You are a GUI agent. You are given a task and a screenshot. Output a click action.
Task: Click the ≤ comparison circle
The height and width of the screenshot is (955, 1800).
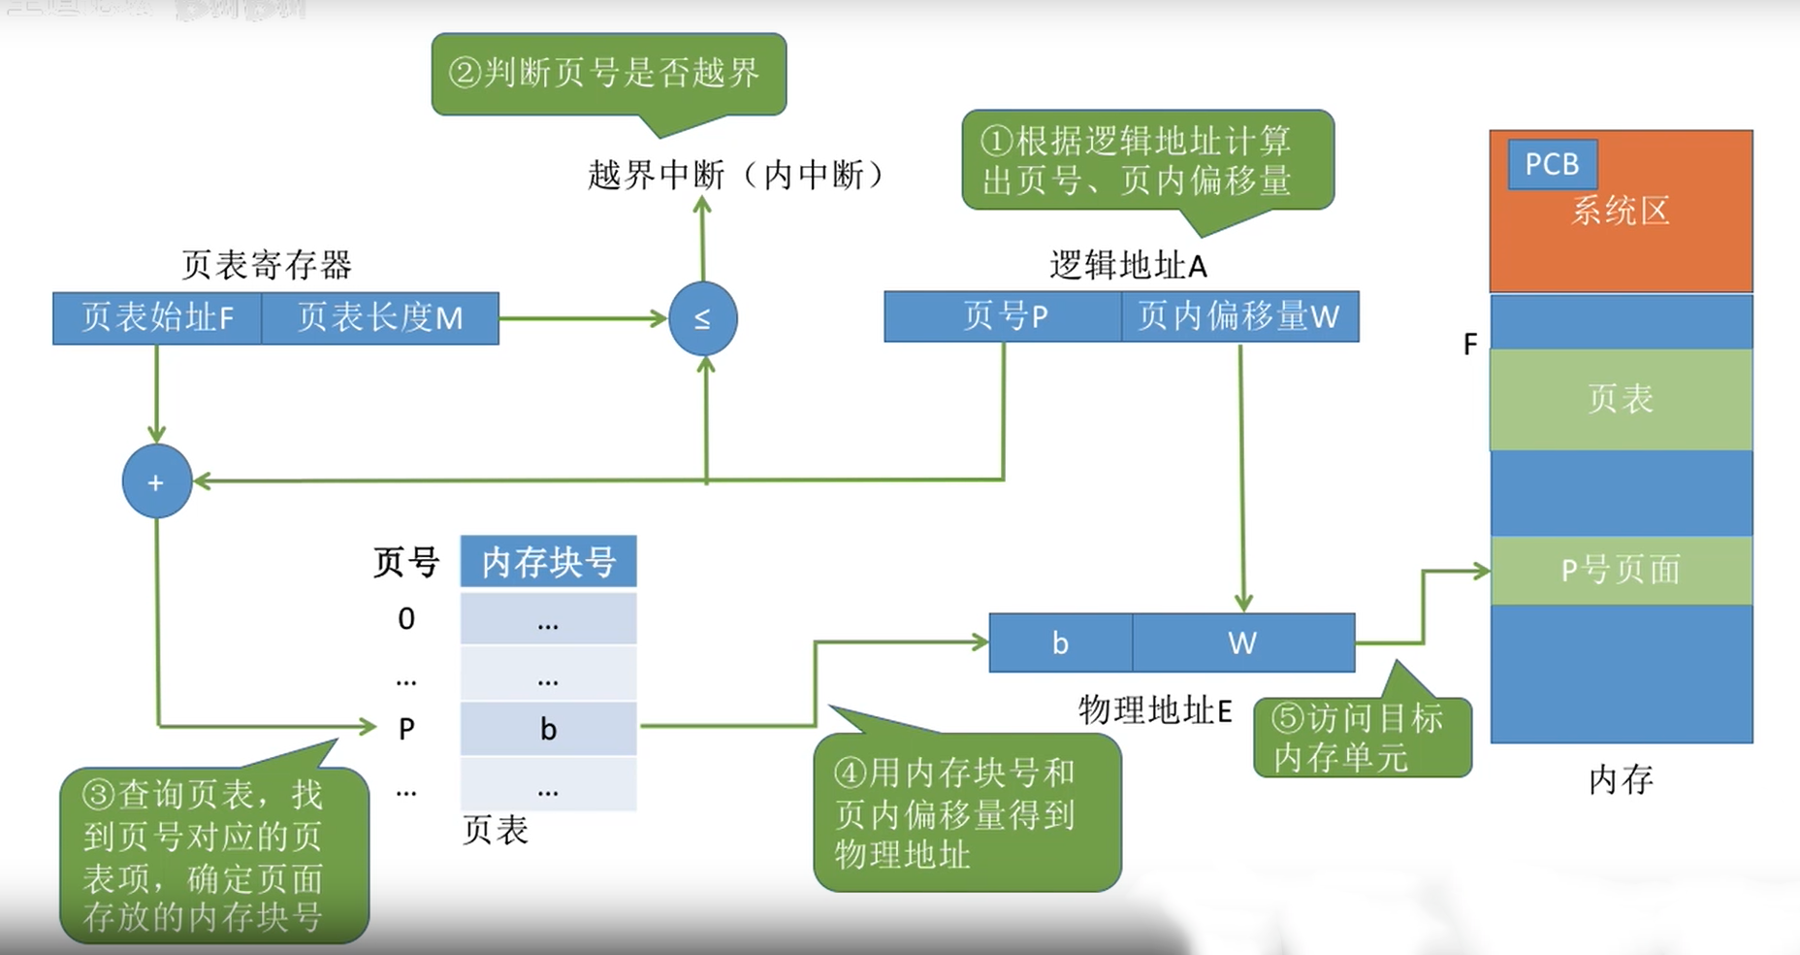pyautogui.click(x=702, y=318)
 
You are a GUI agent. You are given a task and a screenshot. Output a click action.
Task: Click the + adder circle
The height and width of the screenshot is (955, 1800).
pyautogui.click(x=156, y=481)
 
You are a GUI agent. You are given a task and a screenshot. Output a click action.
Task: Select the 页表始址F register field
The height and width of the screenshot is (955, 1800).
pyautogui.click(x=157, y=318)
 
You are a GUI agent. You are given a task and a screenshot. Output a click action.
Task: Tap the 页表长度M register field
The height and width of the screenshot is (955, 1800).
pyautogui.click(x=380, y=318)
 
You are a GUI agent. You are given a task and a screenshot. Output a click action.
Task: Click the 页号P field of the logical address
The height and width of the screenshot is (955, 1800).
pyautogui.click(x=1004, y=316)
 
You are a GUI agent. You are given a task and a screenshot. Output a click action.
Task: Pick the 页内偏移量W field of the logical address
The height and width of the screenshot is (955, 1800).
pyautogui.click(x=1239, y=316)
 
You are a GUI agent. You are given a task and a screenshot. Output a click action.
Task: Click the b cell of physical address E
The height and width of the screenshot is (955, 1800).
pyautogui.click(x=1060, y=642)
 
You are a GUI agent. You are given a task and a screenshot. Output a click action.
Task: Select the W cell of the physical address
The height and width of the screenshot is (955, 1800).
pyautogui.click(x=1242, y=642)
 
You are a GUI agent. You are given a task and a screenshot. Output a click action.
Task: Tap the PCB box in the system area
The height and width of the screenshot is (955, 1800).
pyautogui.click(x=1552, y=164)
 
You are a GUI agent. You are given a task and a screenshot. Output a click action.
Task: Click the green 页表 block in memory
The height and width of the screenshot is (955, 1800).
pyautogui.click(x=1621, y=399)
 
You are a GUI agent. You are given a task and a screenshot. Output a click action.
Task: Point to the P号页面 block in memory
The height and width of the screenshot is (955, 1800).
pyautogui.click(x=1621, y=570)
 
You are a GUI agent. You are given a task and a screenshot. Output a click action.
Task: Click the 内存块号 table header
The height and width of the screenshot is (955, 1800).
pyautogui.click(x=548, y=561)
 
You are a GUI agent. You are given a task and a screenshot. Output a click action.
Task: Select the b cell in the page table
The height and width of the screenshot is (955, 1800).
pyautogui.click(x=548, y=729)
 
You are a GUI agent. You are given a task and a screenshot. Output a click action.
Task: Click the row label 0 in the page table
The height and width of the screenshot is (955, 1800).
pyautogui.click(x=406, y=618)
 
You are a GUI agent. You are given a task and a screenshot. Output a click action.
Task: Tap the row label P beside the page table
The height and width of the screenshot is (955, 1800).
pyautogui.click(x=406, y=729)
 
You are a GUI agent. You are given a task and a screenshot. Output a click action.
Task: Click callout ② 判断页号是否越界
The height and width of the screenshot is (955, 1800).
pyautogui.click(x=608, y=74)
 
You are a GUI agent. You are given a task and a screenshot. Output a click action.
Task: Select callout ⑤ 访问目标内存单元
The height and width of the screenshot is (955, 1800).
pyautogui.click(x=1361, y=738)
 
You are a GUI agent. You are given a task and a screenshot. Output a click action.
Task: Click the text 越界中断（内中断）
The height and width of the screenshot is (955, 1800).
pyautogui.click(x=737, y=176)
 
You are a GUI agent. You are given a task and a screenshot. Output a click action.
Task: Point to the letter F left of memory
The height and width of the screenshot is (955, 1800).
pyautogui.click(x=1470, y=344)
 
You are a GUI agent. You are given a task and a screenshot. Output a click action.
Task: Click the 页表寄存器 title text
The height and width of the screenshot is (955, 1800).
pyautogui.click(x=267, y=265)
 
